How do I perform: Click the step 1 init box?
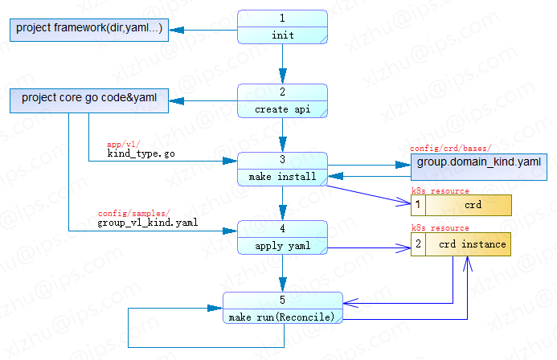coord(282,27)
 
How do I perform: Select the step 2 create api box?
coord(282,100)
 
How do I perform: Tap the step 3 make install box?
coord(282,168)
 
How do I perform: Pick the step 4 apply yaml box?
coord(282,238)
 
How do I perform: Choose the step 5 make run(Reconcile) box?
coord(282,309)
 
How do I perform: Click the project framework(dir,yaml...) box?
coord(88,30)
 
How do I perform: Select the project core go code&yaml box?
coord(88,100)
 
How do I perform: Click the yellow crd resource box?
coord(461,205)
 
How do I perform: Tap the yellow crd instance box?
coord(461,243)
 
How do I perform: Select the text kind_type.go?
coord(141,153)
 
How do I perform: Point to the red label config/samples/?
coord(134,213)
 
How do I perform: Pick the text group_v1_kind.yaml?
coord(147,223)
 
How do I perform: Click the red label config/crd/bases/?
coord(450,149)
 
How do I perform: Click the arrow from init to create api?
coord(282,64)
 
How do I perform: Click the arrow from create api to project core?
coord(205,101)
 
